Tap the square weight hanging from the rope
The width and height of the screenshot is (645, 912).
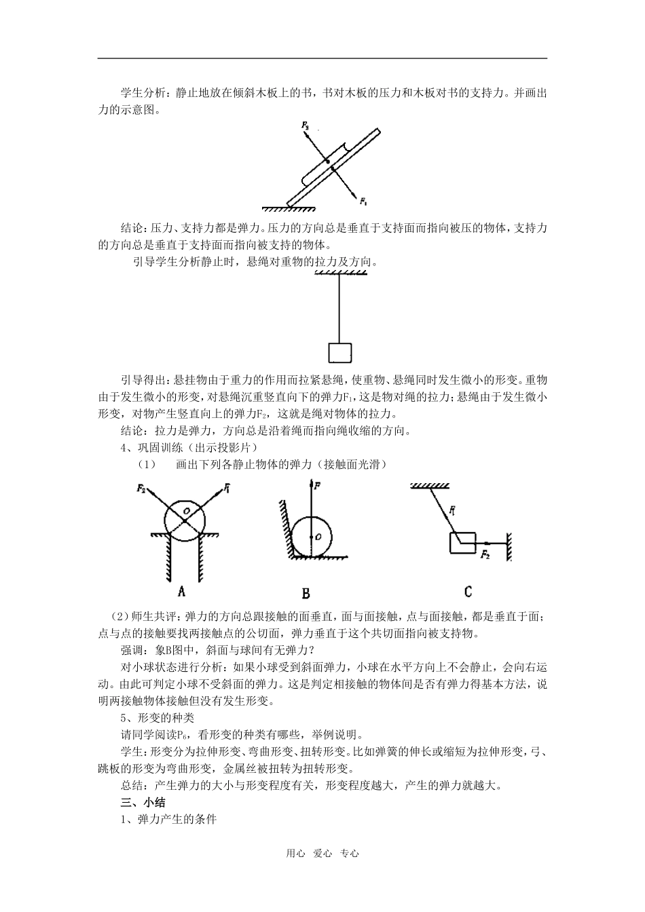click(x=339, y=353)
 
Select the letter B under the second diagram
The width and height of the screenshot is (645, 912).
click(x=306, y=594)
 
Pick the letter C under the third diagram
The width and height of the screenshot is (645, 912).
click(x=468, y=591)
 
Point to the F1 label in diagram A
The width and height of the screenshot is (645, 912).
click(x=227, y=487)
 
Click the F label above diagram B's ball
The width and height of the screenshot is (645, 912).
click(x=318, y=486)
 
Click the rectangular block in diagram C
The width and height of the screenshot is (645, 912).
click(x=464, y=543)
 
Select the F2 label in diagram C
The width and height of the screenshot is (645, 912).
click(x=485, y=555)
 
